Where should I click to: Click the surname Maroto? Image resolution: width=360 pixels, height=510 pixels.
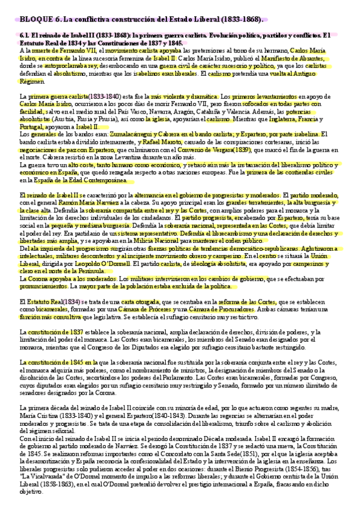[164, 142]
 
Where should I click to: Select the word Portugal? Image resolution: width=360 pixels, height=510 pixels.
[32, 128]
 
